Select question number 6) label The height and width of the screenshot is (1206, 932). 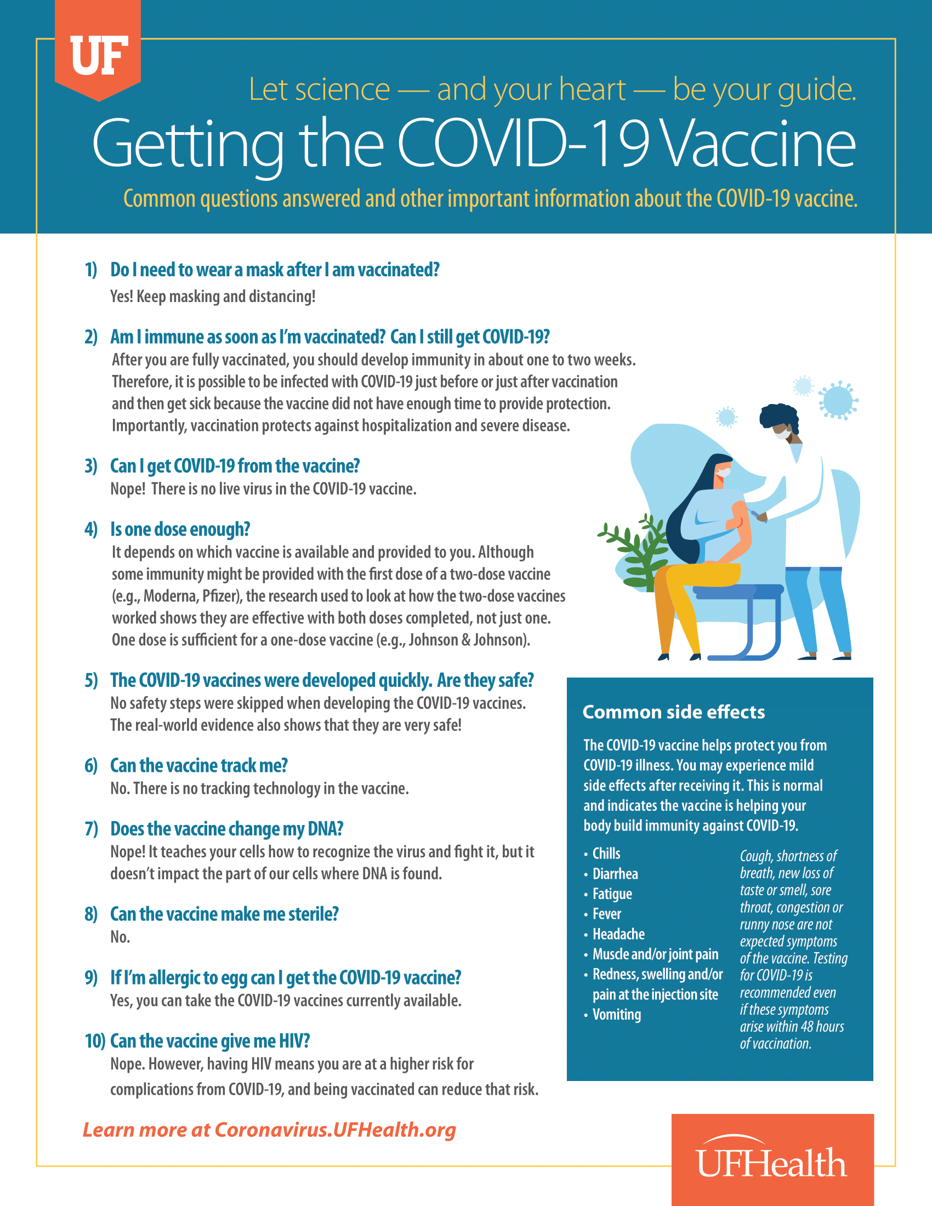[91, 766]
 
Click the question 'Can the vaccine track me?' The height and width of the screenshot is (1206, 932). [199, 766]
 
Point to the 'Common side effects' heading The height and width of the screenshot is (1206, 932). [674, 712]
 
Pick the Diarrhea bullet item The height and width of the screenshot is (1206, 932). [615, 874]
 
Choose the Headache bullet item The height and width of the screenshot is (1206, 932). [618, 934]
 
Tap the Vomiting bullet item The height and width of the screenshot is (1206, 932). [616, 1015]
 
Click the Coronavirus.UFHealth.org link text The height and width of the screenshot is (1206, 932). [334, 1130]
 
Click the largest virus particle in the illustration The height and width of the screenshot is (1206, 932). [838, 400]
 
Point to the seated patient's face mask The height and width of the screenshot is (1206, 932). [723, 473]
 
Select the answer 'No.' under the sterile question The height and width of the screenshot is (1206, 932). [120, 937]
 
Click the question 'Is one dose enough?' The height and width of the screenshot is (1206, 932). [180, 530]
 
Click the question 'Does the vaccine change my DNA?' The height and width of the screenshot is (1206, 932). [226, 829]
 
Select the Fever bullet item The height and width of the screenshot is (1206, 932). [606, 914]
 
